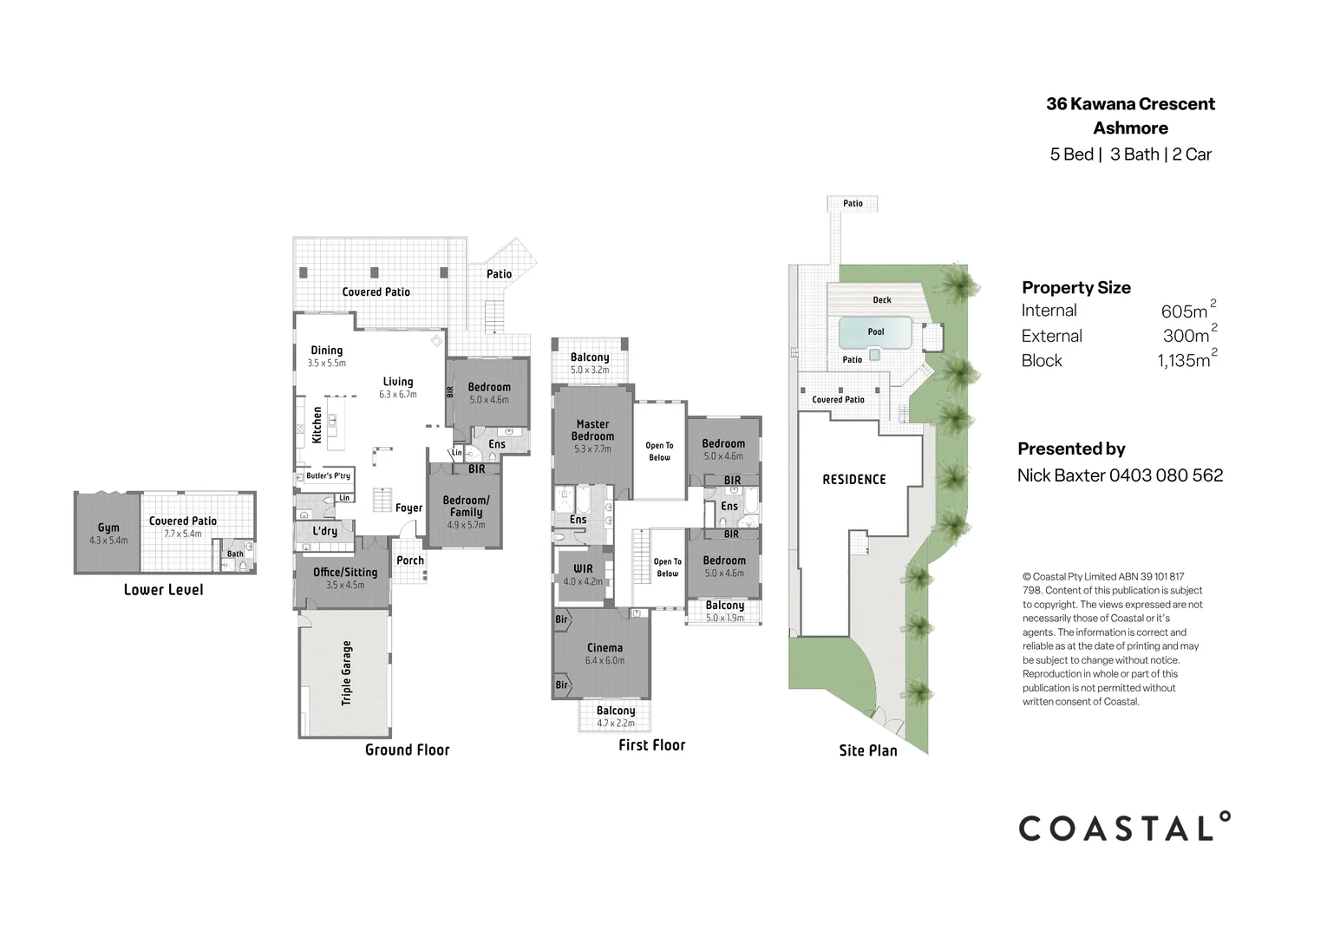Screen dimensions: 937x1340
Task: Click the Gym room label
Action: pyautogui.click(x=108, y=527)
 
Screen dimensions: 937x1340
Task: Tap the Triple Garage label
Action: pyautogui.click(x=347, y=672)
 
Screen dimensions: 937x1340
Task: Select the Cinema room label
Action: pyautogui.click(x=605, y=648)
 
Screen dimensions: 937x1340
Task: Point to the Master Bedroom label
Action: pyautogui.click(x=593, y=430)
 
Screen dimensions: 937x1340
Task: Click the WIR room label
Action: pyautogui.click(x=583, y=569)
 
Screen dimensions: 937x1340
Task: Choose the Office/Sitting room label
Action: pyautogui.click(x=345, y=573)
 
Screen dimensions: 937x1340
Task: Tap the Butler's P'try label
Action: pyautogui.click(x=328, y=475)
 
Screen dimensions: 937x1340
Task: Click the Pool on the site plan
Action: pyautogui.click(x=876, y=331)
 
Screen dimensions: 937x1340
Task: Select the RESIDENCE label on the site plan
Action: pyautogui.click(x=854, y=479)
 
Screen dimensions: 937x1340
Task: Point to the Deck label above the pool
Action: pyautogui.click(x=882, y=300)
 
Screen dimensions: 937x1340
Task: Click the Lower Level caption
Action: pyautogui.click(x=163, y=590)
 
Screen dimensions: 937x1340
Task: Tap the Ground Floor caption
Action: pyautogui.click(x=407, y=750)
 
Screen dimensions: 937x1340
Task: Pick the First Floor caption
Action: pyautogui.click(x=651, y=745)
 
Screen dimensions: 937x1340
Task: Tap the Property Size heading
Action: pyautogui.click(x=1075, y=288)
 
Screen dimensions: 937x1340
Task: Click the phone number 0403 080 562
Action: pyautogui.click(x=1166, y=475)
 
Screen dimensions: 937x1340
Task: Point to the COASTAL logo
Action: pyautogui.click(x=1124, y=828)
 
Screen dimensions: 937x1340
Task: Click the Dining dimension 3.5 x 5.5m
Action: pyautogui.click(x=326, y=364)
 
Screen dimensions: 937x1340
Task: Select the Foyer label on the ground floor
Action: pyautogui.click(x=409, y=508)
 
